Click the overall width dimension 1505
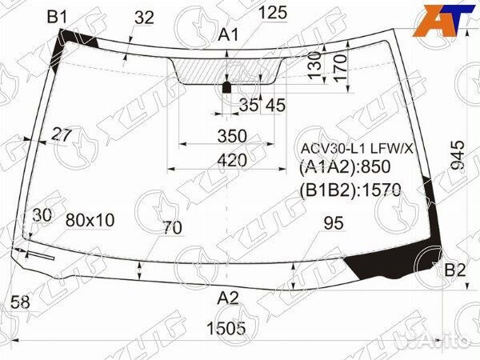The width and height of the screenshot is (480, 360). click(x=226, y=327)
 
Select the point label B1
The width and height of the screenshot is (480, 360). click(x=57, y=16)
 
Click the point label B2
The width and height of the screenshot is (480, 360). click(x=454, y=270)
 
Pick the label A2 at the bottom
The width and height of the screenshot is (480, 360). click(x=229, y=298)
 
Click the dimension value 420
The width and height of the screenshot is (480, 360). click(x=231, y=160)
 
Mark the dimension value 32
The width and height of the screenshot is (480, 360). click(x=144, y=18)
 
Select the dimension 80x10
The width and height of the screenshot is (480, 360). click(x=90, y=219)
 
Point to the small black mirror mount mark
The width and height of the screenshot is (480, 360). click(x=226, y=87)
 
